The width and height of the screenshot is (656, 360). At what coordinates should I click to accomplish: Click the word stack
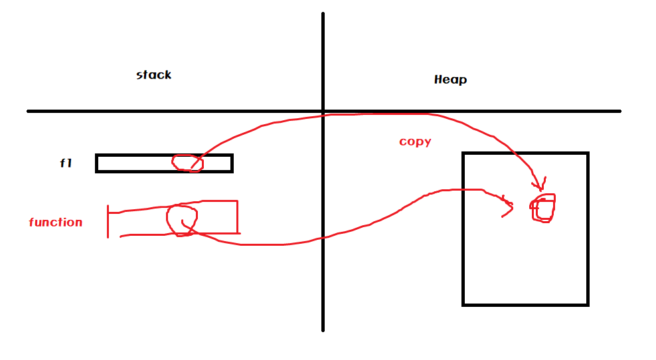154,75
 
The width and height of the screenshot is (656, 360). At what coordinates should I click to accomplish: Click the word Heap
450,80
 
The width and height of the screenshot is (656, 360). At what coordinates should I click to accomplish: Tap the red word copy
415,141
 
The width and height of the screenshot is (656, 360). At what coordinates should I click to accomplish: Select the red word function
56,223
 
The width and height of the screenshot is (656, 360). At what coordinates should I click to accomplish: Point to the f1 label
66,163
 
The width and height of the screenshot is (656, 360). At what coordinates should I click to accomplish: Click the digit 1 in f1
69,163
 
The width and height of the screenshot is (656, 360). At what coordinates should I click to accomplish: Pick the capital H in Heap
438,80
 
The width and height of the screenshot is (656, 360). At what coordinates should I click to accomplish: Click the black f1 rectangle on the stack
133,163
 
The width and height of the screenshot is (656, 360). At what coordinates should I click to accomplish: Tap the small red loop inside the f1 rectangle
186,163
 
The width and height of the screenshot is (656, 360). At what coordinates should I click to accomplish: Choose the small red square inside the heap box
543,208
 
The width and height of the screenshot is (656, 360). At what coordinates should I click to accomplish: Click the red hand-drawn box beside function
219,217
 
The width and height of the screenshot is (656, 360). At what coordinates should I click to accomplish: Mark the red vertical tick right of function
108,221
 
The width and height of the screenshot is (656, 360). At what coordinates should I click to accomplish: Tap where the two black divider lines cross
323,111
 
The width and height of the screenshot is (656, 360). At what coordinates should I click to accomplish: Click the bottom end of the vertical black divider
323,328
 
